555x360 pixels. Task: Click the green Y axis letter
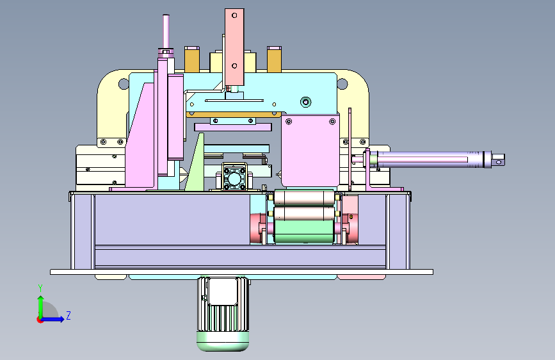point(40,288)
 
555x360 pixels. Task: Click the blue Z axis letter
point(68,315)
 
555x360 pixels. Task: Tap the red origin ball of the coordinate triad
point(40,320)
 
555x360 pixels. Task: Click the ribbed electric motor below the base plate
point(223,314)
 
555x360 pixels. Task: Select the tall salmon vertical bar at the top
point(234,47)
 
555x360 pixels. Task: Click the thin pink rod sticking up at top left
point(166,32)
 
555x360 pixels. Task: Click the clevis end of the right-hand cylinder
point(498,160)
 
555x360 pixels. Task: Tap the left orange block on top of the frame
point(192,60)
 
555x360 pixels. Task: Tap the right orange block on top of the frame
point(275,60)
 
